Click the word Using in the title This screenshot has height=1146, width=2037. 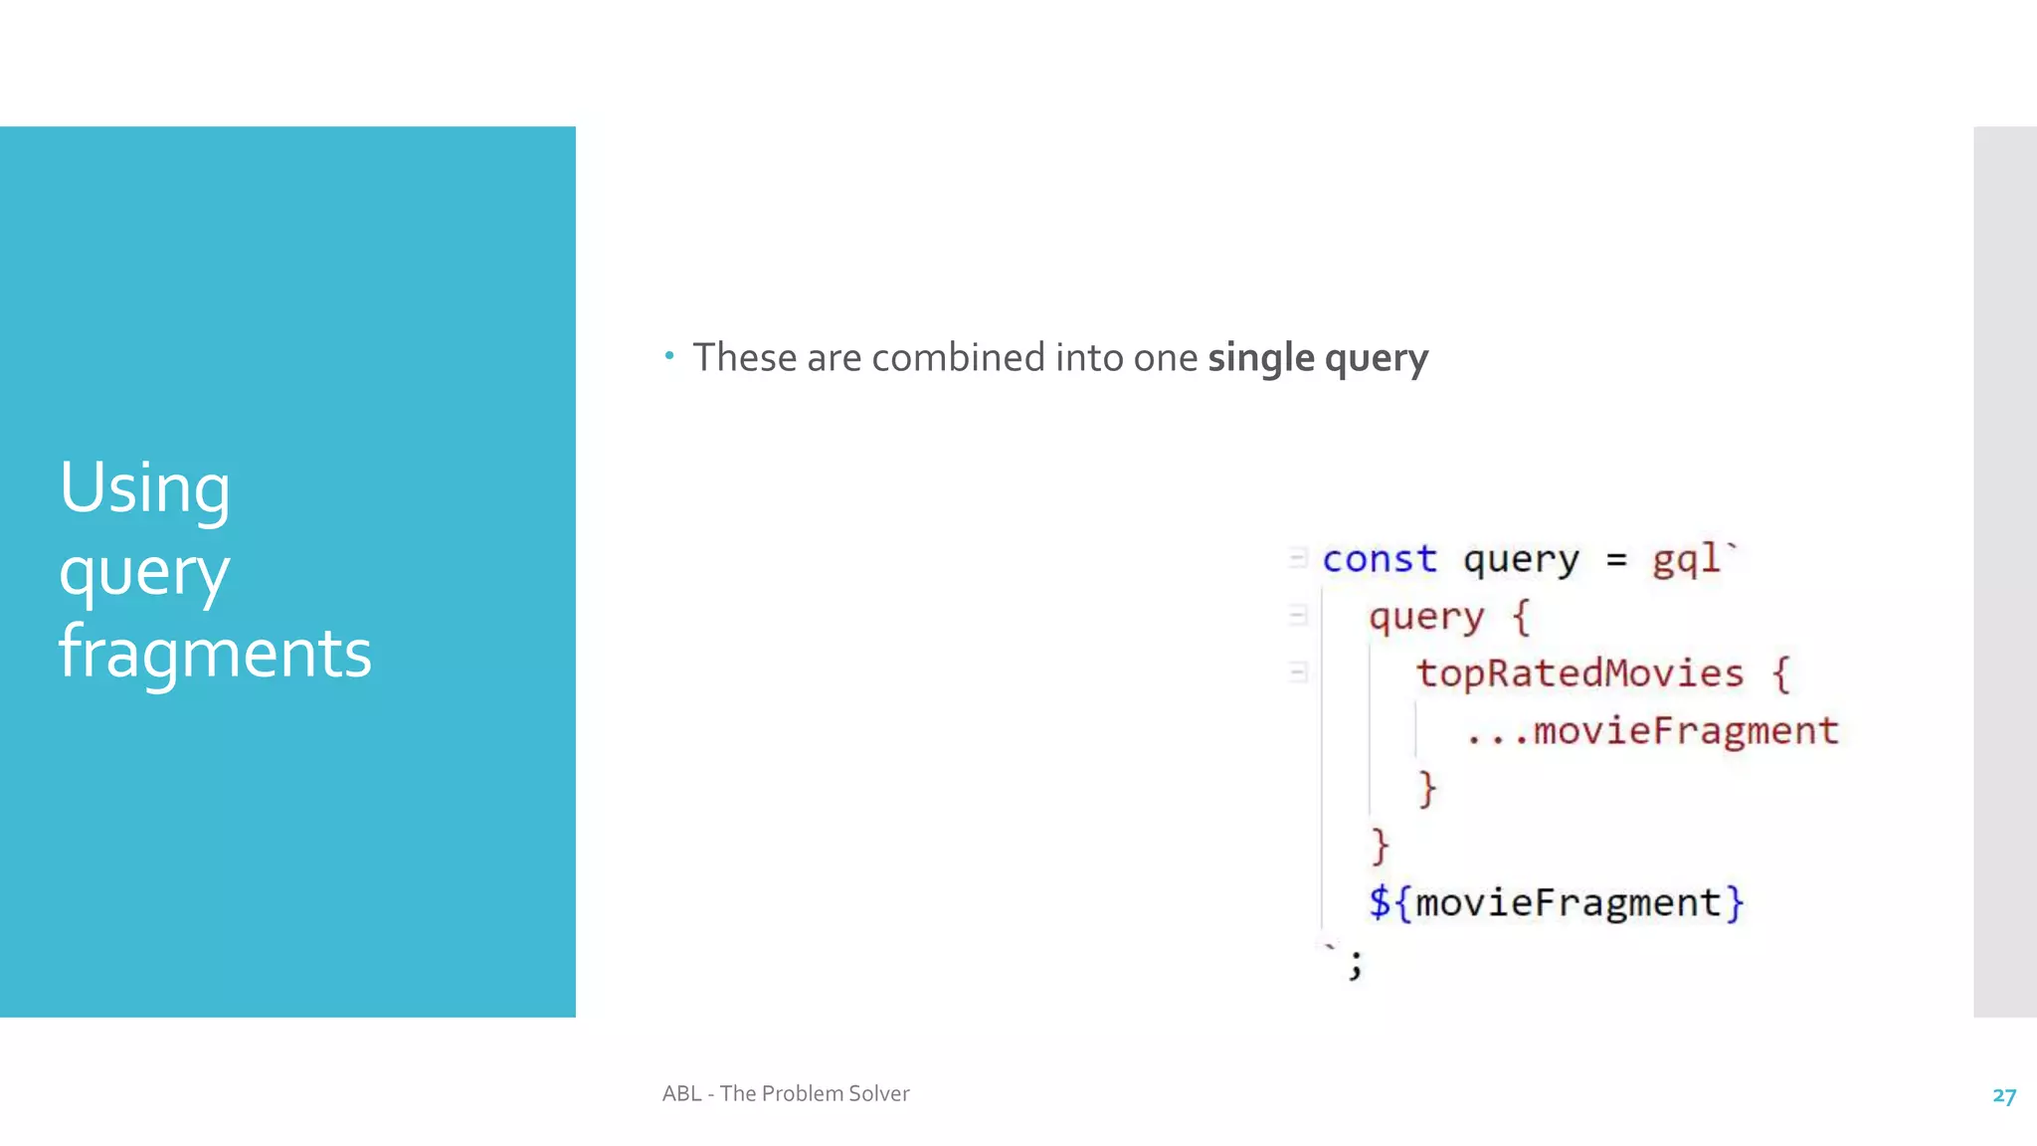coord(144,488)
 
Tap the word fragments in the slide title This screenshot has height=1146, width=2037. coord(215,654)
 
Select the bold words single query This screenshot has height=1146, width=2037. coord(1318,358)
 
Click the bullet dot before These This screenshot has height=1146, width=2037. coord(669,355)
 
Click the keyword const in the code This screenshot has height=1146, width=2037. coord(1379,559)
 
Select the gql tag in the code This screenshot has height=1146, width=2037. coord(1686,559)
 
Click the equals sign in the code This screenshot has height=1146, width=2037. coord(1616,560)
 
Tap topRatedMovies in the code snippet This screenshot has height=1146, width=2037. coord(1579,673)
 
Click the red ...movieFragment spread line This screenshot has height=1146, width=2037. coord(1652,731)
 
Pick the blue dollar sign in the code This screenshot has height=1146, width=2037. coord(1379,902)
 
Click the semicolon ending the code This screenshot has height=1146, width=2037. coord(1355,964)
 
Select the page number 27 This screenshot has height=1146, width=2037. coord(2003,1095)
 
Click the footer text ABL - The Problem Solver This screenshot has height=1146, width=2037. coord(786,1093)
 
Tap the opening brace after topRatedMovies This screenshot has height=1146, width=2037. coord(1780,674)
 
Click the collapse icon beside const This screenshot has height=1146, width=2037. coord(1297,558)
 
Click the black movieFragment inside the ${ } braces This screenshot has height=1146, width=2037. coord(1568,903)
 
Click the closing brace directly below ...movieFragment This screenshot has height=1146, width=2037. coord(1427,789)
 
